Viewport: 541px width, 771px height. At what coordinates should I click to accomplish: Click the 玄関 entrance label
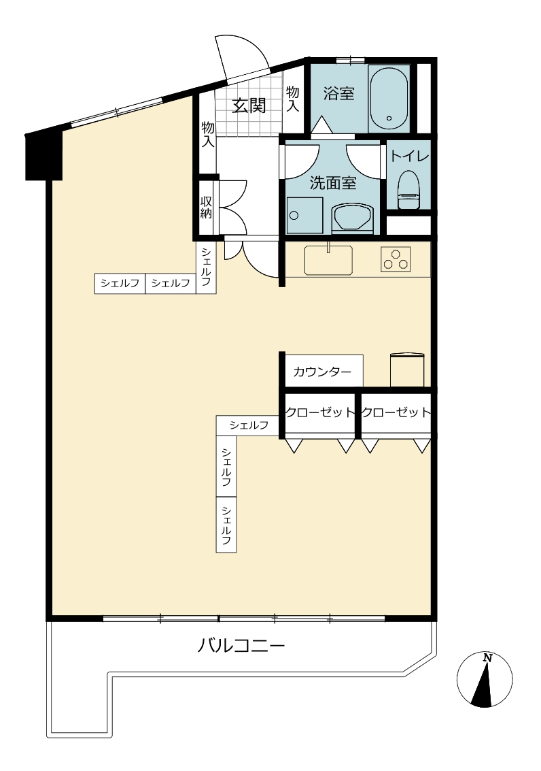[x=249, y=105]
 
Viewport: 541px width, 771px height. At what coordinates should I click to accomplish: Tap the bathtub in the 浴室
[x=389, y=99]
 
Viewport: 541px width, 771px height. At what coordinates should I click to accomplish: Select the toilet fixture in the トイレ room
[x=408, y=190]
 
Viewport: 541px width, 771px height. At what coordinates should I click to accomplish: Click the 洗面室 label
[x=332, y=184]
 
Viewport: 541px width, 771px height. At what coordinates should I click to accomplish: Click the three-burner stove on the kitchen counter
[x=396, y=259]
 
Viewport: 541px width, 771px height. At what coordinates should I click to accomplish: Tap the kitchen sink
[x=328, y=259]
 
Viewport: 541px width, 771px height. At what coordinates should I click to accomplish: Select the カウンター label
[x=322, y=372]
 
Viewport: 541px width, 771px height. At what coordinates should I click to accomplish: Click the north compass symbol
[x=485, y=680]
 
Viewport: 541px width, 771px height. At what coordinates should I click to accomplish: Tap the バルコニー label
[x=241, y=644]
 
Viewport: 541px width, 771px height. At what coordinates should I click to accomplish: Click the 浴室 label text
[x=338, y=93]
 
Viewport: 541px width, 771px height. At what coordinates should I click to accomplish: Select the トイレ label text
[x=409, y=157]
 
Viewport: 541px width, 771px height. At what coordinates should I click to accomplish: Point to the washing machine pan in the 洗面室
[x=304, y=215]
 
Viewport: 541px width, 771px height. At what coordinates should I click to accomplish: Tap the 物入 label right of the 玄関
[x=293, y=99]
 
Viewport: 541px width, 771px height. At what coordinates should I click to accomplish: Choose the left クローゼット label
[x=320, y=412]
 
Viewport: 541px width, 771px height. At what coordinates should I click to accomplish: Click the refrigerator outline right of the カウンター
[x=407, y=370]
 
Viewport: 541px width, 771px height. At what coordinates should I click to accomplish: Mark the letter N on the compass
[x=487, y=657]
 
